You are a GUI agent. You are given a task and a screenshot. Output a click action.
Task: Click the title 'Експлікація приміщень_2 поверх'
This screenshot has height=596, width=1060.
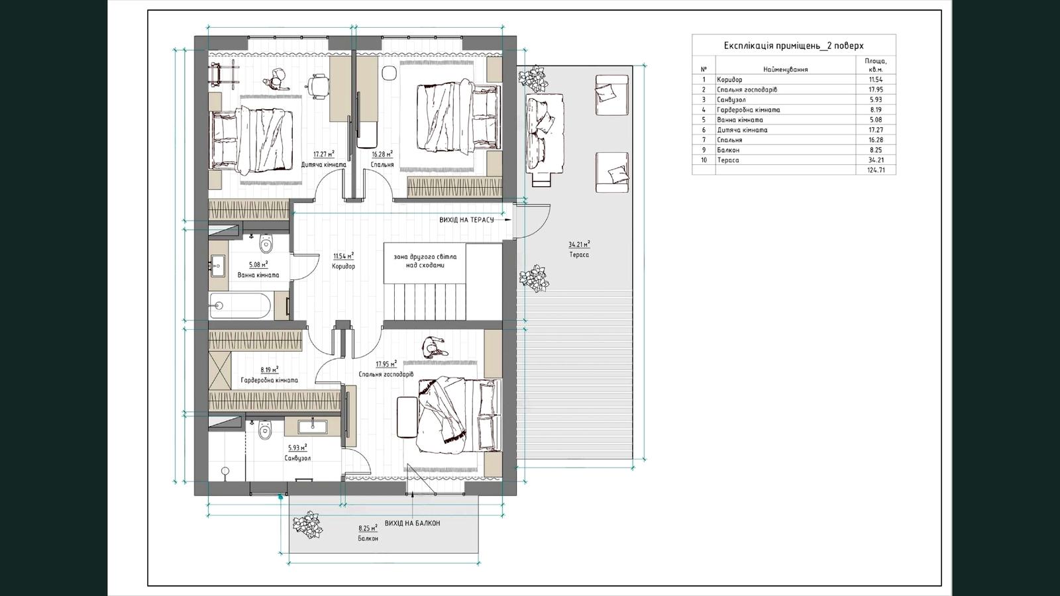tap(794, 46)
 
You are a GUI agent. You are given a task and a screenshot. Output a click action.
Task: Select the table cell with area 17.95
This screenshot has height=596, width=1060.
tap(875, 89)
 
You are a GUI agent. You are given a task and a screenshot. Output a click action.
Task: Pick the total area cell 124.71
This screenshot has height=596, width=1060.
tap(876, 170)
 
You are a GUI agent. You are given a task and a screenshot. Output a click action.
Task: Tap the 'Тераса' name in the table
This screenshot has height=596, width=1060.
tap(728, 160)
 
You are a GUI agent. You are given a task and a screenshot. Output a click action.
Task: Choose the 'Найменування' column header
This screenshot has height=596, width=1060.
tap(786, 70)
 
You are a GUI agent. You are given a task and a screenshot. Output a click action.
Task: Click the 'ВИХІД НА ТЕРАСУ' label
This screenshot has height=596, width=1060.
tap(466, 220)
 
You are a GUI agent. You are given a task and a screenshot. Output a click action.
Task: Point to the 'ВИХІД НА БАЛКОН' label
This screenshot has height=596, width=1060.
tap(413, 523)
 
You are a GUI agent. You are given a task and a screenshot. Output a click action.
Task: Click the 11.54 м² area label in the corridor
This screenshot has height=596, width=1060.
tap(344, 256)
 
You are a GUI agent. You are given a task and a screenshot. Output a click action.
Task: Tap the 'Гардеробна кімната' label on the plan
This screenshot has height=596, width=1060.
tap(269, 380)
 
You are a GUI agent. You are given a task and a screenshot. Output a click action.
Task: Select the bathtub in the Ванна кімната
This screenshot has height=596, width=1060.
tap(239, 305)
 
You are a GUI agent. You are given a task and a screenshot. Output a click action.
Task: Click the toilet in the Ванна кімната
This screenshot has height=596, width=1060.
tap(266, 243)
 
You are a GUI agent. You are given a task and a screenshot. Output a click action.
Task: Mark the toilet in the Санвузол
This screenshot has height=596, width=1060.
tap(266, 430)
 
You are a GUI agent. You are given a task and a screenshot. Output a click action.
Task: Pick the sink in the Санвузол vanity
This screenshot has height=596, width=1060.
tap(312, 426)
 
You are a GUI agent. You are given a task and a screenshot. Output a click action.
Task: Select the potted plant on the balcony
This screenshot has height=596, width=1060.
tap(307, 526)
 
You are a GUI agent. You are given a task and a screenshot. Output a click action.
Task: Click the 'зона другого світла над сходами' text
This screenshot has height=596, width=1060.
tap(425, 261)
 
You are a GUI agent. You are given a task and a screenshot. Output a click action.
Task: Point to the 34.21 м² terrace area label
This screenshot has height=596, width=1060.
tap(579, 244)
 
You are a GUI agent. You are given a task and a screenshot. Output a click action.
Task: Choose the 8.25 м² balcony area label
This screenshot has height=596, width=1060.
tap(368, 528)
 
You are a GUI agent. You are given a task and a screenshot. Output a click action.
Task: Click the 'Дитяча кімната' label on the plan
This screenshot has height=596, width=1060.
tap(324, 165)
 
